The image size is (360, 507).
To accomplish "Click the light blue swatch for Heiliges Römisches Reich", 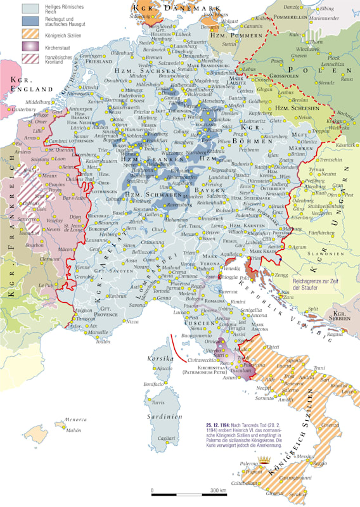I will tap(30, 8).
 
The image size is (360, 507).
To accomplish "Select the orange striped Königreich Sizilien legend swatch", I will tap(30, 33).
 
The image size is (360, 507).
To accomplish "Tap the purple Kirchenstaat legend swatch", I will tap(30, 46).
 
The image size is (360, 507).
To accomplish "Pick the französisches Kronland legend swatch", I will tap(30, 59).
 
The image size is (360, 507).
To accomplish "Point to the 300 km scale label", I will tap(219, 491).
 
